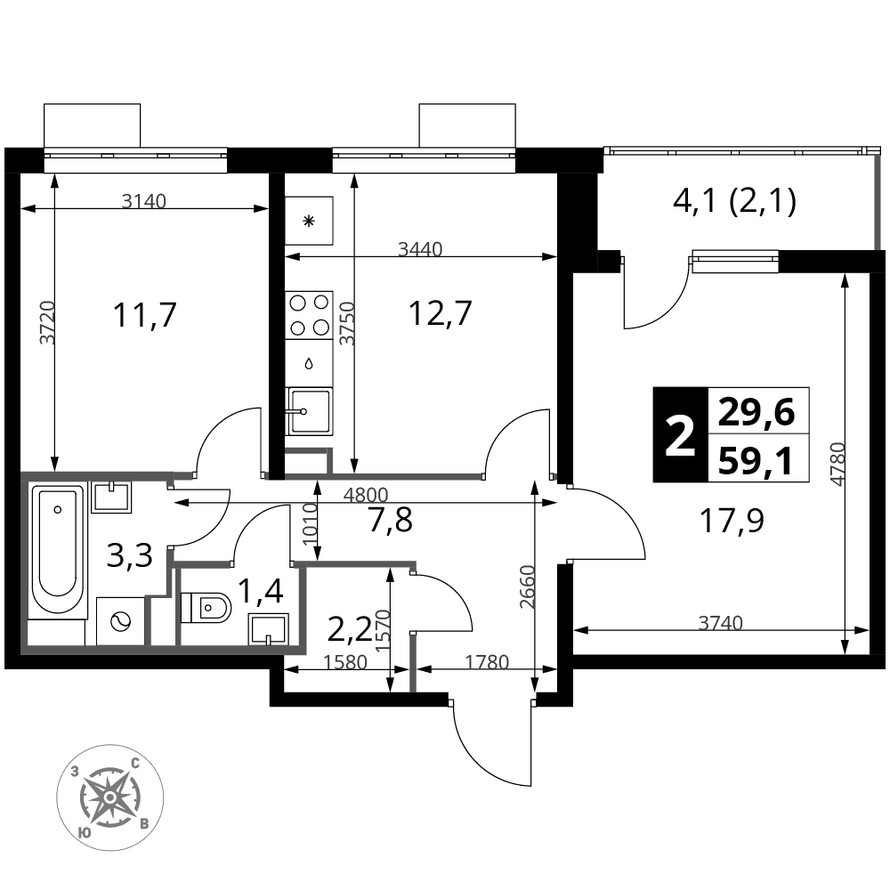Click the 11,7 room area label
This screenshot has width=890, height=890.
[x=145, y=315]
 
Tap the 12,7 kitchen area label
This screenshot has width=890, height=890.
[x=441, y=312]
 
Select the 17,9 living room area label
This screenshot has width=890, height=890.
[x=732, y=521]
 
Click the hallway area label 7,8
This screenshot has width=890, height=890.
[x=390, y=521]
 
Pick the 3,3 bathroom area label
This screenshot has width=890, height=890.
[x=130, y=556]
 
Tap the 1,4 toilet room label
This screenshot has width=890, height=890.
[x=260, y=592]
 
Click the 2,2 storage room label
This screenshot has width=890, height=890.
[x=350, y=628]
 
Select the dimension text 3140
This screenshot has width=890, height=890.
[x=144, y=201]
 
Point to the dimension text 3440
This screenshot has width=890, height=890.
[x=420, y=248]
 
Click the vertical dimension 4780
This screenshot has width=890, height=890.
[x=837, y=464]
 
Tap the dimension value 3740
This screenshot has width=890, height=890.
[x=720, y=623]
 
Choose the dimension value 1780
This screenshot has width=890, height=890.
[x=487, y=662]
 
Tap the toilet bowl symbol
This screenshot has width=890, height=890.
[x=206, y=607]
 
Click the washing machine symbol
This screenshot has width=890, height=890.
[x=120, y=621]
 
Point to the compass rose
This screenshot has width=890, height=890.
[x=110, y=797]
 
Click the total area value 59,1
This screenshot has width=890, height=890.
[x=756, y=460]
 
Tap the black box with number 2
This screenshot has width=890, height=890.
[x=681, y=435]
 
